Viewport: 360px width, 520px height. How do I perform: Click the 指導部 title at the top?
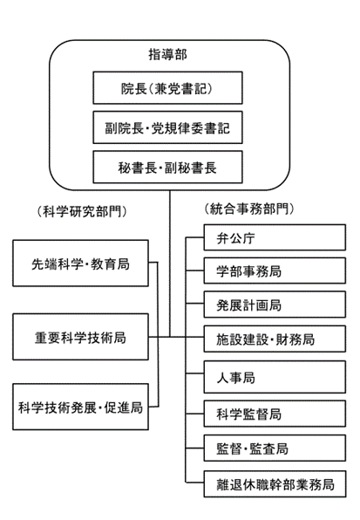[x=167, y=54]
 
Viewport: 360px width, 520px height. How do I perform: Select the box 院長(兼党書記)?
[x=167, y=88]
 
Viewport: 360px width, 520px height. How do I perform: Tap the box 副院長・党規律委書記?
[x=167, y=127]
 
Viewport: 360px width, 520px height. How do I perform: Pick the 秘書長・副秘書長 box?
[x=167, y=168]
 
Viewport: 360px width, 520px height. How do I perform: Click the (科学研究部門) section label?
[x=82, y=211]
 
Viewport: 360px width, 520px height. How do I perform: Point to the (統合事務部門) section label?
[x=249, y=209]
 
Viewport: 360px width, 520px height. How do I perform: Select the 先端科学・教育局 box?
[x=80, y=263]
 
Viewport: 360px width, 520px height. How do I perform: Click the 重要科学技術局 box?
[x=80, y=337]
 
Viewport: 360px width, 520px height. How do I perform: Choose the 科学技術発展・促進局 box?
[x=80, y=407]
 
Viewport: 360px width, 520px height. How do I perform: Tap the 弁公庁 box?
[x=275, y=237]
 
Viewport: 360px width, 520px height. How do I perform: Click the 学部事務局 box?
[x=275, y=270]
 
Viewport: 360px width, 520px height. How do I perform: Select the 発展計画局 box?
[x=275, y=304]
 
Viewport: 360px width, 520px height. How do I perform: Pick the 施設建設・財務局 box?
[x=275, y=339]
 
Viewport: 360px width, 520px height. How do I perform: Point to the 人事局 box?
[x=275, y=377]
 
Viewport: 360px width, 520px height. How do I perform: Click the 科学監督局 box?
[x=275, y=414]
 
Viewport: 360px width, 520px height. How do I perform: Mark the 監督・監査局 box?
[x=275, y=448]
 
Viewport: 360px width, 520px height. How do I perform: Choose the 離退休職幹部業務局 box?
[x=275, y=484]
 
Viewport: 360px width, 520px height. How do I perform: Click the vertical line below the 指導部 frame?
[x=170, y=263]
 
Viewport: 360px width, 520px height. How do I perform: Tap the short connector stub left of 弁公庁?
[x=194, y=237]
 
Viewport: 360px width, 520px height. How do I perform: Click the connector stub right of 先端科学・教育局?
[x=153, y=263]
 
